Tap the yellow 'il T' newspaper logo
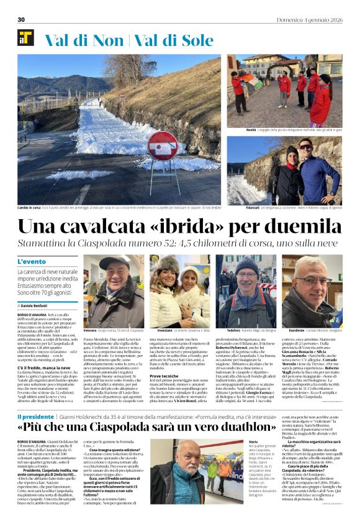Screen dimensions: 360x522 click(25, 38)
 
